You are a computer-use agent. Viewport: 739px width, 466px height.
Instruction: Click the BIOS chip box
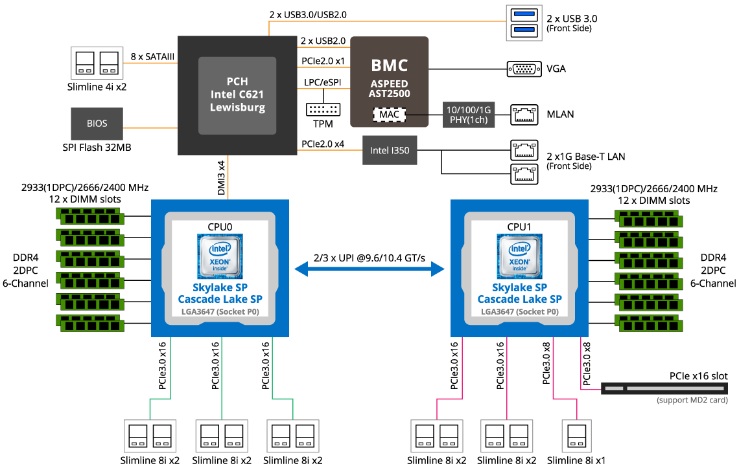pyautogui.click(x=97, y=123)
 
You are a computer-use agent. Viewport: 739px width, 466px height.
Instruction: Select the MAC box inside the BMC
pyautogui.click(x=389, y=115)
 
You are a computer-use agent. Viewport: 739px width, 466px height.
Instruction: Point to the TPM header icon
pyautogui.click(x=323, y=111)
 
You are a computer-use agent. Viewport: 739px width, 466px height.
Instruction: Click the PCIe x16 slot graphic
pyautogui.click(x=668, y=388)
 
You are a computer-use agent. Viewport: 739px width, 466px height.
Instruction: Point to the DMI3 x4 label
pyautogui.click(x=221, y=177)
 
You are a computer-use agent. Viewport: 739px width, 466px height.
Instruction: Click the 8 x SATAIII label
pyautogui.click(x=152, y=56)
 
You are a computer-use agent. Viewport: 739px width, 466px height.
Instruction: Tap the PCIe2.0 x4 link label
pyautogui.click(x=323, y=144)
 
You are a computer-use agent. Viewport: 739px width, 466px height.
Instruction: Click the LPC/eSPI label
pyautogui.click(x=322, y=83)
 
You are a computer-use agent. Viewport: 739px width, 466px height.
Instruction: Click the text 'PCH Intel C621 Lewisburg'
pyautogui.click(x=237, y=94)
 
